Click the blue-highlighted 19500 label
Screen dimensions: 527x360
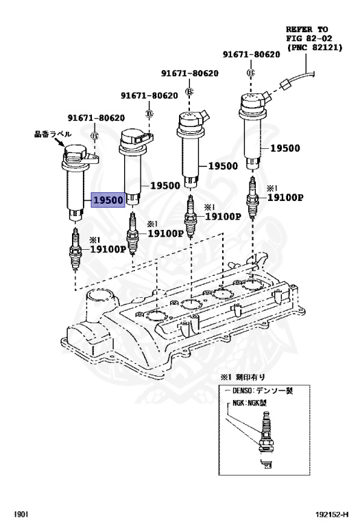(108, 200)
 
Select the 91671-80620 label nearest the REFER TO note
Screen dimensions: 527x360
(250, 54)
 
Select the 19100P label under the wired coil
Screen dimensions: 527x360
(285, 197)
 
